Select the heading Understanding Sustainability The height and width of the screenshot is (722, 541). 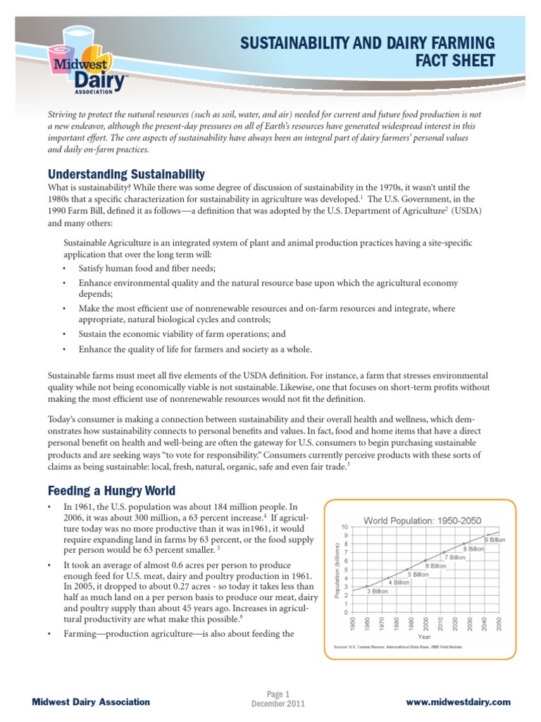(126, 174)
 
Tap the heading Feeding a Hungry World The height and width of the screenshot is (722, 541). (111, 490)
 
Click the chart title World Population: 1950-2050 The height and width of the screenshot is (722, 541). (412, 520)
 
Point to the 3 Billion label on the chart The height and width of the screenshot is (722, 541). (378, 592)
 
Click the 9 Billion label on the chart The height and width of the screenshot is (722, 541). (495, 539)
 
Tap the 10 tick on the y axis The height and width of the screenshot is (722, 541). (344, 527)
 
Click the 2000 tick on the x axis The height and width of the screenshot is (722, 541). (425, 624)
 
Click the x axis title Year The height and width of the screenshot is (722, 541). (425, 636)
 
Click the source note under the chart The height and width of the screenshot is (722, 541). (397, 646)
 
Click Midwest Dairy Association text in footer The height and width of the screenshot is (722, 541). (92, 702)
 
